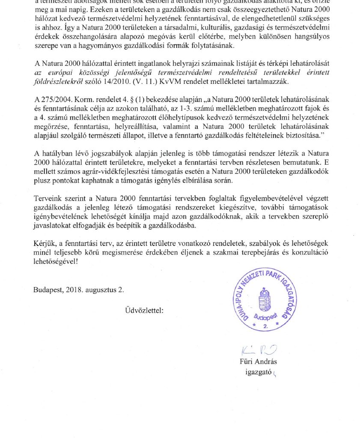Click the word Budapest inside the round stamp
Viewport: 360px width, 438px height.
[265, 318]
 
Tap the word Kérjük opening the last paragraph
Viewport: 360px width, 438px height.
[44, 243]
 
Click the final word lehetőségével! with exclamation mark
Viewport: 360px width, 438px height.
[56, 260]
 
